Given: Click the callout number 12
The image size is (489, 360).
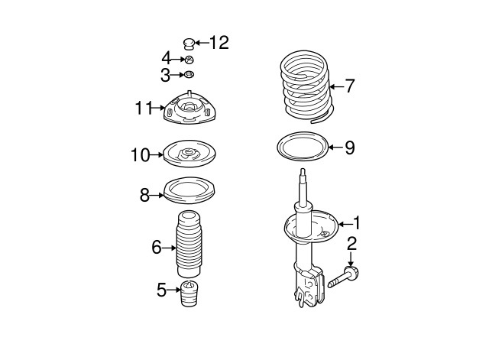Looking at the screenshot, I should pyautogui.click(x=219, y=43).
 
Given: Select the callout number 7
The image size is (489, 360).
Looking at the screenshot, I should pyautogui.click(x=349, y=86).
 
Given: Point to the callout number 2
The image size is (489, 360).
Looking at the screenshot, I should pyautogui.click(x=352, y=245).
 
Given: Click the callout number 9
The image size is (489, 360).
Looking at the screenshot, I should pyautogui.click(x=349, y=148).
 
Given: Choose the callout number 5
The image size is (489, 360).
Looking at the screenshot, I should pyautogui.click(x=162, y=290).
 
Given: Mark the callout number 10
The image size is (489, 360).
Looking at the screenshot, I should pyautogui.click(x=140, y=156).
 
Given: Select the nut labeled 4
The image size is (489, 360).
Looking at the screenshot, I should pyautogui.click(x=189, y=59).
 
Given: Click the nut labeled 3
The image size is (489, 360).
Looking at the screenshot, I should pyautogui.click(x=189, y=75).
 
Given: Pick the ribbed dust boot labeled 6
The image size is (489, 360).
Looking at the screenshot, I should pyautogui.click(x=188, y=245).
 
